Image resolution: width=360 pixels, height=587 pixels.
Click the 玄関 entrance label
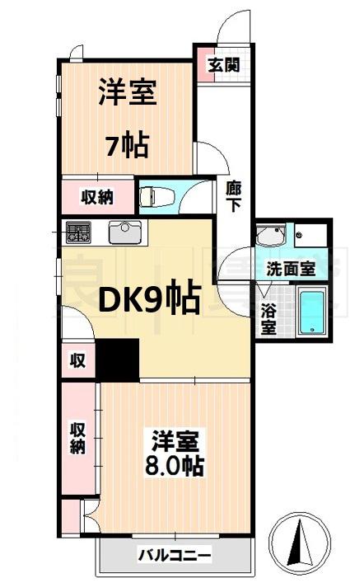[224, 66]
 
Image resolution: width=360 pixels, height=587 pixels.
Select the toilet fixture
[157, 196]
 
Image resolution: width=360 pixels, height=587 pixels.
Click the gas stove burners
[78, 232]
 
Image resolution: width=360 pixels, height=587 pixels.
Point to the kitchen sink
[125, 232]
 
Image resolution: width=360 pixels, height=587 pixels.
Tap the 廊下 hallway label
[233, 196]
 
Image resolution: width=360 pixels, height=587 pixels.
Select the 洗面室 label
[291, 269]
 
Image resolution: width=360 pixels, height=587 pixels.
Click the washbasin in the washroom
[271, 236]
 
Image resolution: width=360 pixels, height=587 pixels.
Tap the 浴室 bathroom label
[269, 319]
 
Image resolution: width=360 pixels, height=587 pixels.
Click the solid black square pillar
[118, 359]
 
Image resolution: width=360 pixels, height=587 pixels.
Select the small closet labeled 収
[78, 360]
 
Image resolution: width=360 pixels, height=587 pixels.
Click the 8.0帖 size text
[175, 467]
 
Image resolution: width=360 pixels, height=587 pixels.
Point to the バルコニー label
[175, 555]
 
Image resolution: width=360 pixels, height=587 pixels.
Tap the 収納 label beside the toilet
[97, 197]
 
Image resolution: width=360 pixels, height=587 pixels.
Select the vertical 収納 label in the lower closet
[77, 438]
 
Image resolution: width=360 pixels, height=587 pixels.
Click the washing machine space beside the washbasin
[311, 236]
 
